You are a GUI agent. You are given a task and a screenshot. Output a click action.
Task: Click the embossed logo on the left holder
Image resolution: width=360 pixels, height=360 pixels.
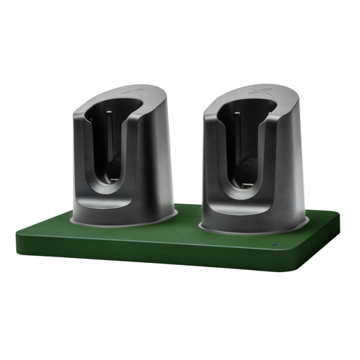tap(131, 91)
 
